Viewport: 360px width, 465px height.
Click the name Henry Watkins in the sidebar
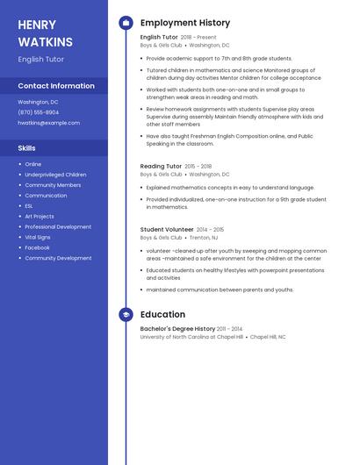[x=43, y=32]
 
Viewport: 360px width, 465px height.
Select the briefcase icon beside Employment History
[x=126, y=23]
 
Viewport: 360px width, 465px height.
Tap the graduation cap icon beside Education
[x=126, y=314]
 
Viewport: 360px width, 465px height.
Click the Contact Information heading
[x=56, y=86]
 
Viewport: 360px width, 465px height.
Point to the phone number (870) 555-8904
[x=39, y=112]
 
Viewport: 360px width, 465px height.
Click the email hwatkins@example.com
[x=48, y=123]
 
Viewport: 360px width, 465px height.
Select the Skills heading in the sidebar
[x=27, y=148]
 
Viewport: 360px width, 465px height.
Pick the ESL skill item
[x=30, y=206]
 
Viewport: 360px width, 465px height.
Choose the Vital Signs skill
[x=38, y=237]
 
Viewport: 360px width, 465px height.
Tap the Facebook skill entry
[x=37, y=247]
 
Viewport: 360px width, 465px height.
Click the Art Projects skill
[x=40, y=217]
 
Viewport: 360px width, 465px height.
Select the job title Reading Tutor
[x=161, y=166]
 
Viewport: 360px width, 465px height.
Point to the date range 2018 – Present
[x=198, y=38]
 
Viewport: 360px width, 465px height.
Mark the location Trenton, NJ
[x=204, y=238]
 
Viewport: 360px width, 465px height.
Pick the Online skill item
[x=33, y=164]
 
